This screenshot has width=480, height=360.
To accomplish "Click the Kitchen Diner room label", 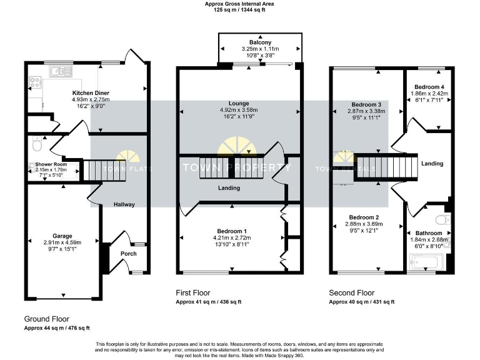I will (x=91, y=92).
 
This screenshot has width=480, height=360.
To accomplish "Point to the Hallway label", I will (x=124, y=204).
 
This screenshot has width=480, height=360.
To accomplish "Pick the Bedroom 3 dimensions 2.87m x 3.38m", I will (x=366, y=111).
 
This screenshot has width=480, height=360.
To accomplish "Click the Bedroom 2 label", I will (x=366, y=217).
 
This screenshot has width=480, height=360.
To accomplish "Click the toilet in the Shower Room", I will (x=37, y=145).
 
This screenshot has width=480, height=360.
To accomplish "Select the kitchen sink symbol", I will (x=60, y=72).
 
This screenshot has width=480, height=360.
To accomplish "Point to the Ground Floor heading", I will (x=47, y=318).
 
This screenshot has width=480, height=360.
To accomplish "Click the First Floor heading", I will (x=192, y=292).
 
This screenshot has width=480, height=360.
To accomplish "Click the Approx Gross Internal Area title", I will (x=239, y=4).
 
